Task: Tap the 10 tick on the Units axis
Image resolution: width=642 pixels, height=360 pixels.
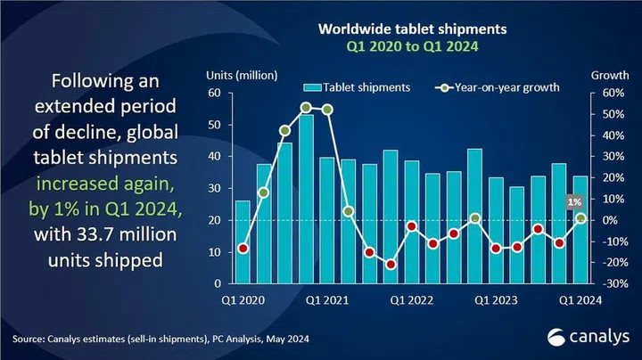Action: [x=214, y=252]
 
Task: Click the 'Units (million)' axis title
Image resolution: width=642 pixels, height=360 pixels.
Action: [x=242, y=74]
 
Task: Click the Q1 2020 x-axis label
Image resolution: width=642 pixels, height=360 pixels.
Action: [x=242, y=300]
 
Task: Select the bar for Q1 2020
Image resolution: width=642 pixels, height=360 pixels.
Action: [x=243, y=242]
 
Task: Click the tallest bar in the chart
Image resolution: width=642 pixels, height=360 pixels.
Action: [x=306, y=199]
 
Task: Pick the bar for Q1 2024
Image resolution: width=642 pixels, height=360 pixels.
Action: [x=580, y=230]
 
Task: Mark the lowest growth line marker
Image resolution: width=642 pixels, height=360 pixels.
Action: [x=390, y=265]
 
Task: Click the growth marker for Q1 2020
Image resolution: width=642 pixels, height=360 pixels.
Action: [x=243, y=249]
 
